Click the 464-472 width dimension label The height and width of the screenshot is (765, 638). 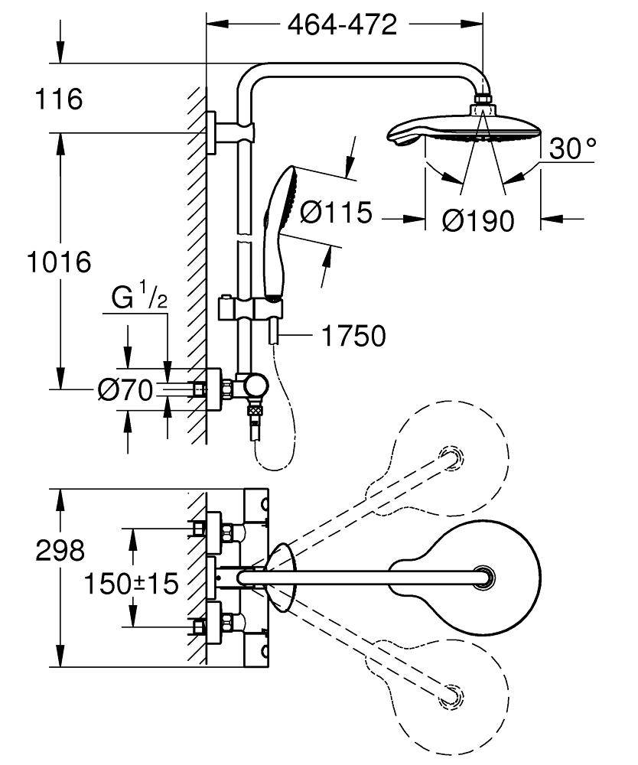tap(342, 24)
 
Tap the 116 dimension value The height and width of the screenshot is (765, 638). tap(57, 99)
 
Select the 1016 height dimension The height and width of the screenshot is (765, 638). tap(58, 262)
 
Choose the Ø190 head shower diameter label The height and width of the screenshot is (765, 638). tap(478, 220)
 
